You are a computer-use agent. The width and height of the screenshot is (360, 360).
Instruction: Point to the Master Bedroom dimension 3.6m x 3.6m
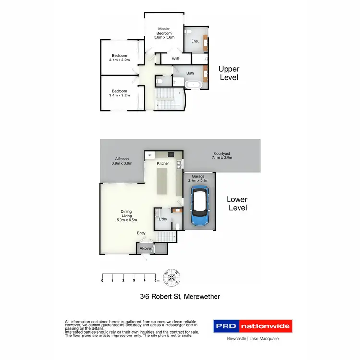[164, 37]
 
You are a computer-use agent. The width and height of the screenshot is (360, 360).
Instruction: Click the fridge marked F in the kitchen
[149, 156]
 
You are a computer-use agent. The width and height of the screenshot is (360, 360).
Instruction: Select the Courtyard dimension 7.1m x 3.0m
[222, 158]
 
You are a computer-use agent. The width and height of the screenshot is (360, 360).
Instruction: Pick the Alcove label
[145, 249]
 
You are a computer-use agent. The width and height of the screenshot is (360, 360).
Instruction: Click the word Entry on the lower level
[141, 233]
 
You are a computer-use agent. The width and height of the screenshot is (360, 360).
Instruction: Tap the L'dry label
[162, 219]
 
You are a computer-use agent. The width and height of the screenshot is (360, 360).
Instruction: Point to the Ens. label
[195, 41]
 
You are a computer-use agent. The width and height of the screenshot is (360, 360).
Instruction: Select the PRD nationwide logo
[252, 326]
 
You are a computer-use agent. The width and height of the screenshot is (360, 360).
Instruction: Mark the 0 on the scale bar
[102, 280]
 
